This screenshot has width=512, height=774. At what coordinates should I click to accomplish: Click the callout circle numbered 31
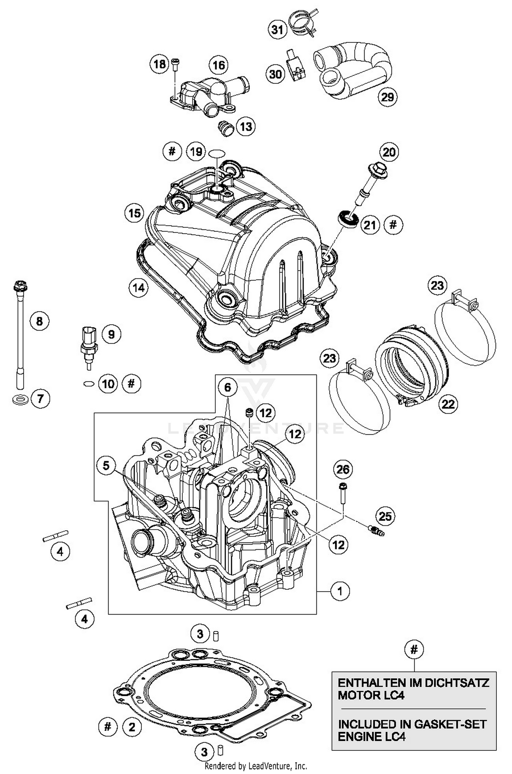pos(277,30)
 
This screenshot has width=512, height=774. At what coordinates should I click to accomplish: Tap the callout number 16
pos(219,65)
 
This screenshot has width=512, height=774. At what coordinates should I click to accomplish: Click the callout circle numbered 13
pos(246,127)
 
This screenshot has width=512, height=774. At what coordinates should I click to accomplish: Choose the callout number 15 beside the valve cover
pos(134,213)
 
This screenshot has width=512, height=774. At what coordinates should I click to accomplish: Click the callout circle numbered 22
pos(448,404)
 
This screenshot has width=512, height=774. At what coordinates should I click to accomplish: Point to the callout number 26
pos(342,469)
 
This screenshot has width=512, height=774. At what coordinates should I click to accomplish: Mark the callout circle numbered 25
pos(385,516)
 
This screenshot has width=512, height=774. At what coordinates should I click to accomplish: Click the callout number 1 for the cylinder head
pos(340,591)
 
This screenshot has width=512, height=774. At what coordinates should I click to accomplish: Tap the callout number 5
pos(106,465)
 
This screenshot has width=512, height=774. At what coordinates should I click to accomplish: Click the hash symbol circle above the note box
pos(414,649)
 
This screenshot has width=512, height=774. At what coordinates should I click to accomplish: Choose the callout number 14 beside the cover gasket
pos(138,288)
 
